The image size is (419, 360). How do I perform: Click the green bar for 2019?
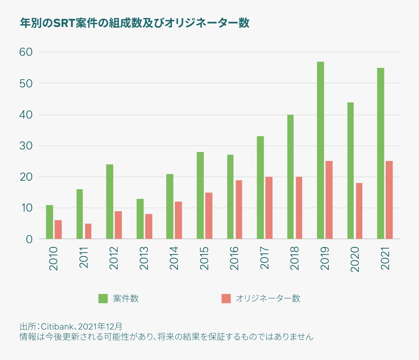[x=320, y=150]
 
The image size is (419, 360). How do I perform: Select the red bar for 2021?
[x=389, y=200]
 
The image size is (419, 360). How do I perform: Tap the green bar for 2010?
[x=49, y=222]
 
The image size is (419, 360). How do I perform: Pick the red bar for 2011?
[x=88, y=231]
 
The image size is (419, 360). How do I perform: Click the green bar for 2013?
[x=140, y=219]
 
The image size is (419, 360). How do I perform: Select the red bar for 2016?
[x=239, y=210]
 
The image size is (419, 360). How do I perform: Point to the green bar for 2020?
[x=351, y=171]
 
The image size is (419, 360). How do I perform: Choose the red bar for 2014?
[x=178, y=220]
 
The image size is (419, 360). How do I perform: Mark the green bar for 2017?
[x=260, y=187]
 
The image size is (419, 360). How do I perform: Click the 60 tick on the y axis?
[x=26, y=52]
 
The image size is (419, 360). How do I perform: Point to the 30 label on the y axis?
[x=26, y=146]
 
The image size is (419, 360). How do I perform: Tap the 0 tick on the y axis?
[x=29, y=239]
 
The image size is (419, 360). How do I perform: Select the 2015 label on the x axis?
[x=204, y=258]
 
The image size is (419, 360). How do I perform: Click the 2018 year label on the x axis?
[x=295, y=258]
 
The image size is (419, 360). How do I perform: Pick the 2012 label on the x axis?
[x=114, y=258]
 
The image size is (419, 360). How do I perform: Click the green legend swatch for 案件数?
[x=103, y=299]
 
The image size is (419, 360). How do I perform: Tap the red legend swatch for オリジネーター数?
[x=226, y=299]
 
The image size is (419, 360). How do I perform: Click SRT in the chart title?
[x=64, y=23]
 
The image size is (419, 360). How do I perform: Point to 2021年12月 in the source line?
[x=100, y=326]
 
